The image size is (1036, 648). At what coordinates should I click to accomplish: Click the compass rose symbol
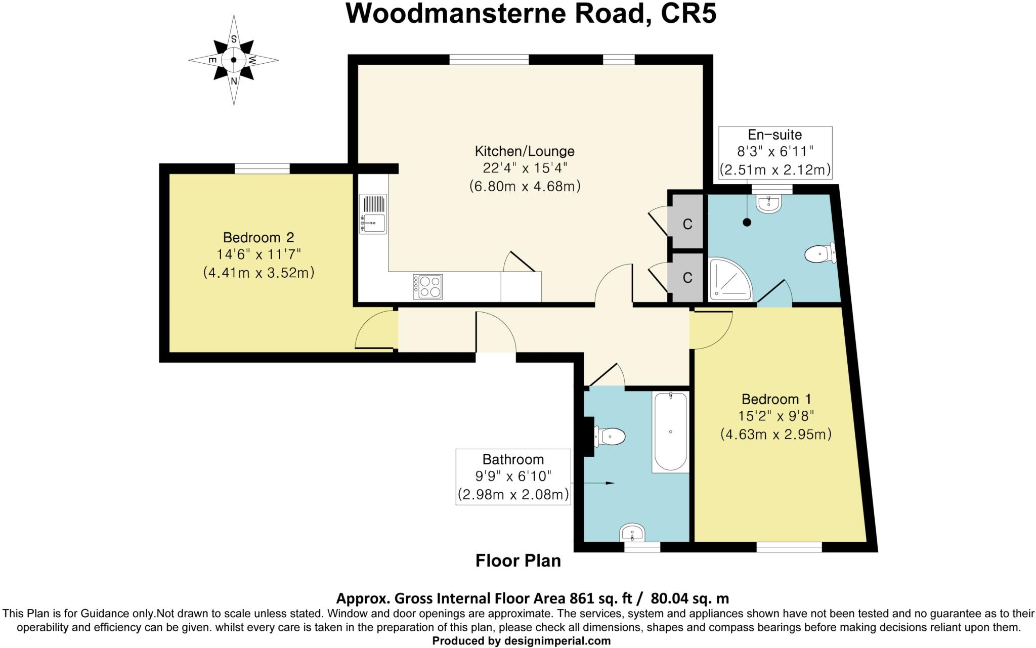(x=233, y=60)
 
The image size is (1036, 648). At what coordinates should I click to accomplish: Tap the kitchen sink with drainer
(x=373, y=214)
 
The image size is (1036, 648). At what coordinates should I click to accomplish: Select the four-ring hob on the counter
(x=428, y=287)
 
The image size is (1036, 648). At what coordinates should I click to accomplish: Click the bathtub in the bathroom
(x=670, y=432)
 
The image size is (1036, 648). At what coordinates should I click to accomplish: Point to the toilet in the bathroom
(x=610, y=436)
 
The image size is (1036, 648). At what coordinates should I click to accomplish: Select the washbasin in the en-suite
(x=769, y=204)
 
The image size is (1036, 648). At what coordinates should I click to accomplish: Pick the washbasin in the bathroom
(x=632, y=533)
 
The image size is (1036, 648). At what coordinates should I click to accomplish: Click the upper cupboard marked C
(x=686, y=224)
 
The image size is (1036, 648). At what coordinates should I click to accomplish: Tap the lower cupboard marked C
(x=686, y=278)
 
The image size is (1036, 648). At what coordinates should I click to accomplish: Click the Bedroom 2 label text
(x=258, y=237)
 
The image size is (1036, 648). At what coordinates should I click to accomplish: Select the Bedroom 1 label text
(x=775, y=399)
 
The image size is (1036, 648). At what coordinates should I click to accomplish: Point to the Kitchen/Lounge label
(x=524, y=151)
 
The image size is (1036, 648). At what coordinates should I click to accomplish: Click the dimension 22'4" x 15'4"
(x=524, y=168)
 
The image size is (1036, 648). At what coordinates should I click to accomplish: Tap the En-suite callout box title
(x=774, y=135)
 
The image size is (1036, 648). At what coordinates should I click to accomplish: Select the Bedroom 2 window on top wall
(x=262, y=168)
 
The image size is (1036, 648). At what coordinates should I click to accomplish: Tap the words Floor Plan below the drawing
(x=518, y=561)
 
